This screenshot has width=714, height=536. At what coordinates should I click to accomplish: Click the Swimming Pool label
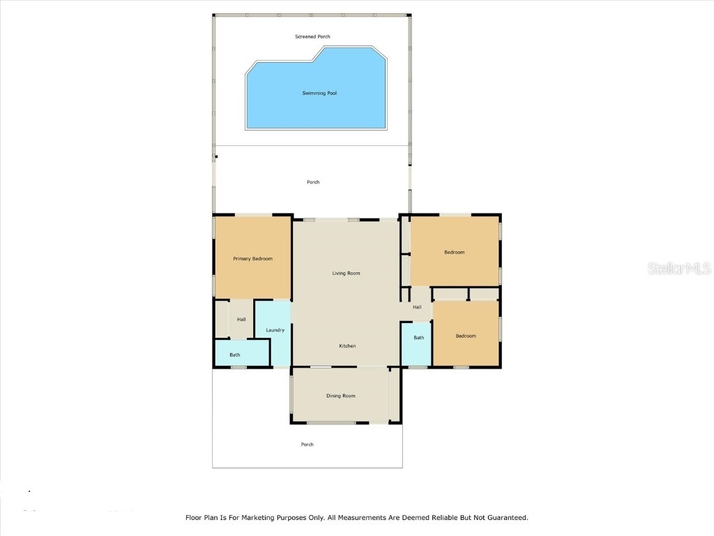pyautogui.click(x=319, y=93)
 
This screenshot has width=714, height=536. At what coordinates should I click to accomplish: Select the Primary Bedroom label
pyautogui.click(x=252, y=259)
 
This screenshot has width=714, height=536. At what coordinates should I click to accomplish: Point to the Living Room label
pyautogui.click(x=346, y=273)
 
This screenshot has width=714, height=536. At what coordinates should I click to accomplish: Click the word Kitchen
pyautogui.click(x=347, y=346)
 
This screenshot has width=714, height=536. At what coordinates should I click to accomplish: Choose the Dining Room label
pyautogui.click(x=341, y=396)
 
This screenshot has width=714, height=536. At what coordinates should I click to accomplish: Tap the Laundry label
pyautogui.click(x=275, y=329)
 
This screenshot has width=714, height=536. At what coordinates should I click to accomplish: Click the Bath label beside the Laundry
pyautogui.click(x=235, y=355)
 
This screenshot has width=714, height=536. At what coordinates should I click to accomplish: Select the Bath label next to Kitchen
pyautogui.click(x=418, y=338)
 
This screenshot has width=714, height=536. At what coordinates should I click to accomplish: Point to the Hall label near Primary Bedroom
pyautogui.click(x=241, y=320)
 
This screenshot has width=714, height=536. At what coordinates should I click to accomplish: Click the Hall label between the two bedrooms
pyautogui.click(x=417, y=307)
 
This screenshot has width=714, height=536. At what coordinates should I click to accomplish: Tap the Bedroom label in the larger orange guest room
pyautogui.click(x=454, y=252)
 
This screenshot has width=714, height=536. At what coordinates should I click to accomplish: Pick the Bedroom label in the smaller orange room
pyautogui.click(x=466, y=336)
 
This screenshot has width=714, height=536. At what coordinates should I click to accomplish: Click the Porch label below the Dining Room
pyautogui.click(x=307, y=445)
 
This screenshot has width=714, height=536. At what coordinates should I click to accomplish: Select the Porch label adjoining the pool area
pyautogui.click(x=313, y=182)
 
